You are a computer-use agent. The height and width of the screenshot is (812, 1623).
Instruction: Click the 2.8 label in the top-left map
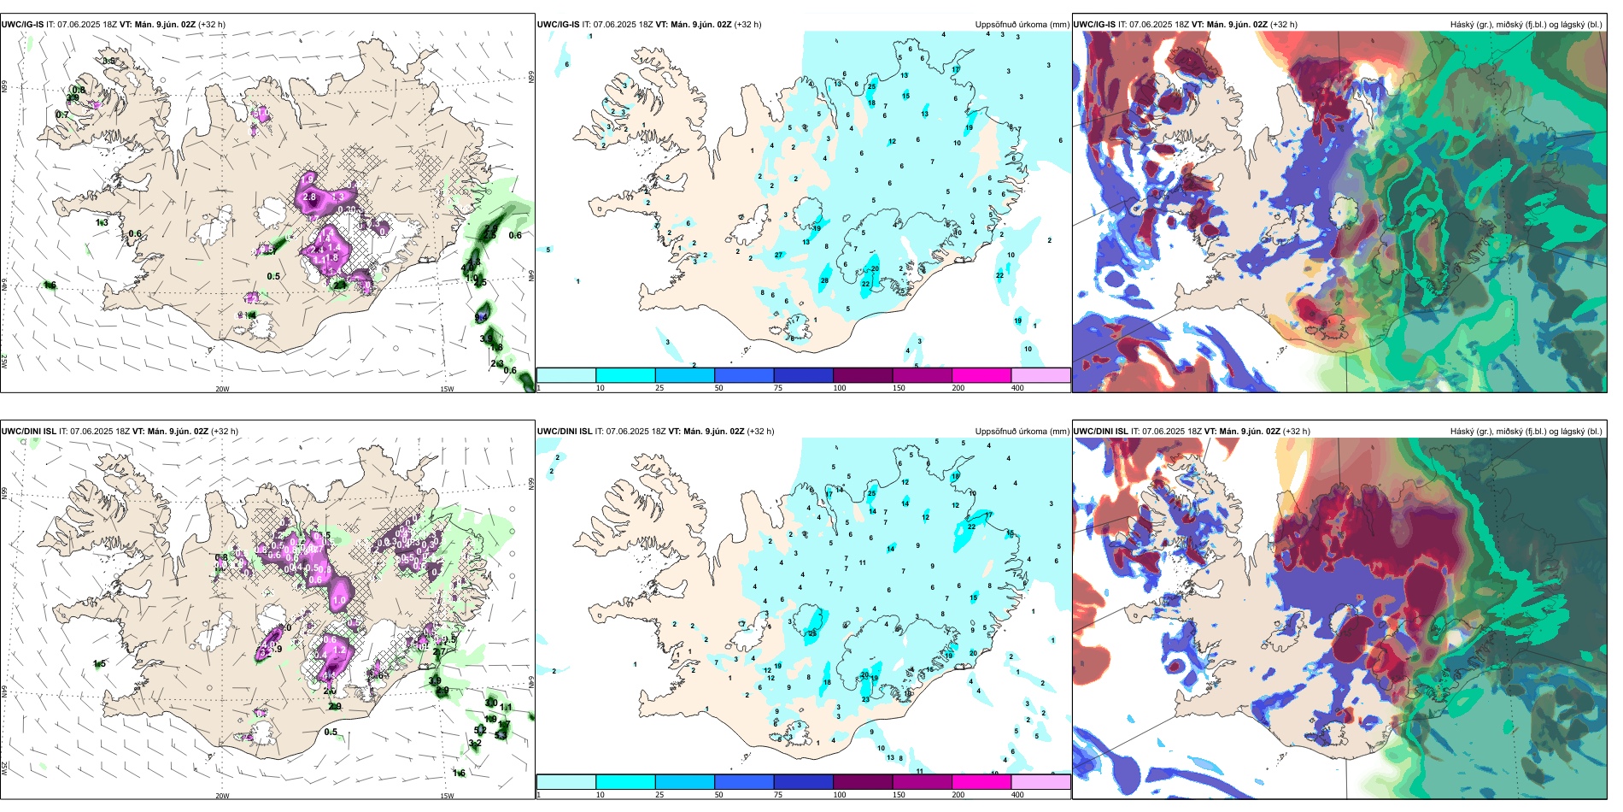click(x=309, y=197)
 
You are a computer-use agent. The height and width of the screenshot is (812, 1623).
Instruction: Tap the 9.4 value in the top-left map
click(x=481, y=317)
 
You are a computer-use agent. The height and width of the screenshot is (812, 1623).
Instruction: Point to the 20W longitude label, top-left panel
click(x=222, y=389)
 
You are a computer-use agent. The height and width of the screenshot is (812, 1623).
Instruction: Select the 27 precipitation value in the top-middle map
click(x=778, y=256)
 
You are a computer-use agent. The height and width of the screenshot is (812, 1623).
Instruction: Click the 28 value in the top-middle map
click(x=824, y=280)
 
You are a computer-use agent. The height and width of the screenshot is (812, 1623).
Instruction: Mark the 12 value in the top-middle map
click(x=892, y=142)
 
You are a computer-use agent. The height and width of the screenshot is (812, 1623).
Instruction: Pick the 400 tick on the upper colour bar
click(x=1017, y=388)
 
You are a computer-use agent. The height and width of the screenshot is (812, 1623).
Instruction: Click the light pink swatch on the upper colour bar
click(x=1040, y=375)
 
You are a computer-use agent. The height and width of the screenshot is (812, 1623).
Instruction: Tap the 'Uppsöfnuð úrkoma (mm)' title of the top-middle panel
click(x=1022, y=25)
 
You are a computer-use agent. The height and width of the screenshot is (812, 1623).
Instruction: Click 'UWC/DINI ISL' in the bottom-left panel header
click(x=28, y=432)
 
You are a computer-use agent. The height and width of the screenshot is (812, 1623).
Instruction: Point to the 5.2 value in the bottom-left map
click(x=479, y=731)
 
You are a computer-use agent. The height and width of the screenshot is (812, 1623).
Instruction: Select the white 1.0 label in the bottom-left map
click(x=339, y=601)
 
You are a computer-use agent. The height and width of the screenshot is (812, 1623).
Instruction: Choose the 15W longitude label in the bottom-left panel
click(x=447, y=796)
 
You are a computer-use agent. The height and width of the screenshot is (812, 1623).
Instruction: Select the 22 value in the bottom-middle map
click(x=971, y=527)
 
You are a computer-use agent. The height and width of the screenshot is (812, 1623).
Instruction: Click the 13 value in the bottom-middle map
click(x=890, y=757)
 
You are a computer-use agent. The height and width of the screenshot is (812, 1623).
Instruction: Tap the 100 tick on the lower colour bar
click(x=840, y=795)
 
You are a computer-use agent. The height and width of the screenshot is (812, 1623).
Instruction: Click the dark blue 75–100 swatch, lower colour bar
click(x=803, y=782)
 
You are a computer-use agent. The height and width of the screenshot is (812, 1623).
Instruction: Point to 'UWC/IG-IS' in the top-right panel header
click(x=1094, y=25)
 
